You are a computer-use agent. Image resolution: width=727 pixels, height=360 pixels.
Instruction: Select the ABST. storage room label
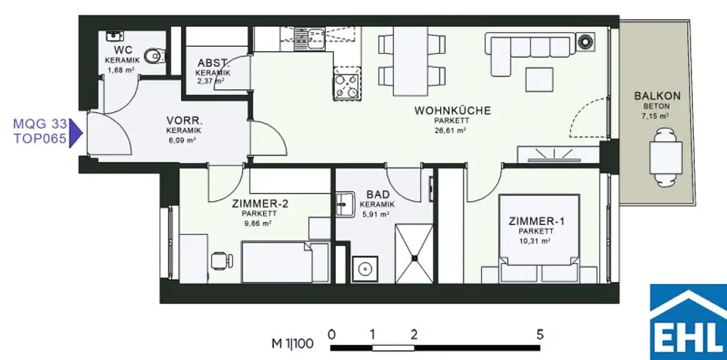click(213, 62)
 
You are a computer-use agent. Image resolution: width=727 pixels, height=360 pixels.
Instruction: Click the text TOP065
click(40, 139)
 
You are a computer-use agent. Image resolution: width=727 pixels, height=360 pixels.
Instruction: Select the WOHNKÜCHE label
click(452, 111)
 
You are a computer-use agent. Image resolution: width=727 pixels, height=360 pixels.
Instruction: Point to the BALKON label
click(657, 96)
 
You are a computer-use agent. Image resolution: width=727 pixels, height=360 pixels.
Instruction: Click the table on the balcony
click(667, 158)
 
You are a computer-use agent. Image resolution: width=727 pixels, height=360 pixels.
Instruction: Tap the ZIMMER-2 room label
click(259, 203)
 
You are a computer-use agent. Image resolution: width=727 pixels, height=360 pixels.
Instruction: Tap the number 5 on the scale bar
click(540, 333)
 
